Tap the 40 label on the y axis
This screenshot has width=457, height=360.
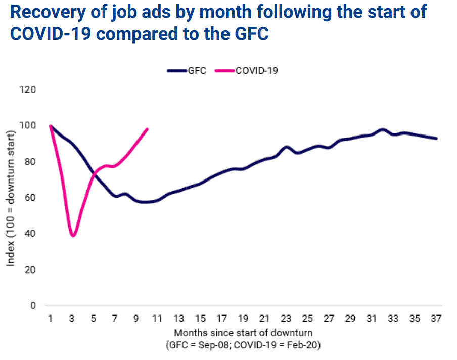click(x=31, y=234)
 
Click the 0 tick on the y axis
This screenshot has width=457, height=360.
click(x=34, y=305)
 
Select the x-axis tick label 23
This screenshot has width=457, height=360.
click(x=286, y=319)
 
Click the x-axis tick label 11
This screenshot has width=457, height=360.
click(x=157, y=319)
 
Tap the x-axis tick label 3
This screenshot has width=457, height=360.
click(x=72, y=319)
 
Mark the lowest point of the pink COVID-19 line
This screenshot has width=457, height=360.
click(x=73, y=235)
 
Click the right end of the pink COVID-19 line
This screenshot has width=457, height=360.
click(x=147, y=129)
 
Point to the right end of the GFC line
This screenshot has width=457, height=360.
click(x=436, y=139)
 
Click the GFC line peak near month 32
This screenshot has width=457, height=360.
click(x=383, y=130)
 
